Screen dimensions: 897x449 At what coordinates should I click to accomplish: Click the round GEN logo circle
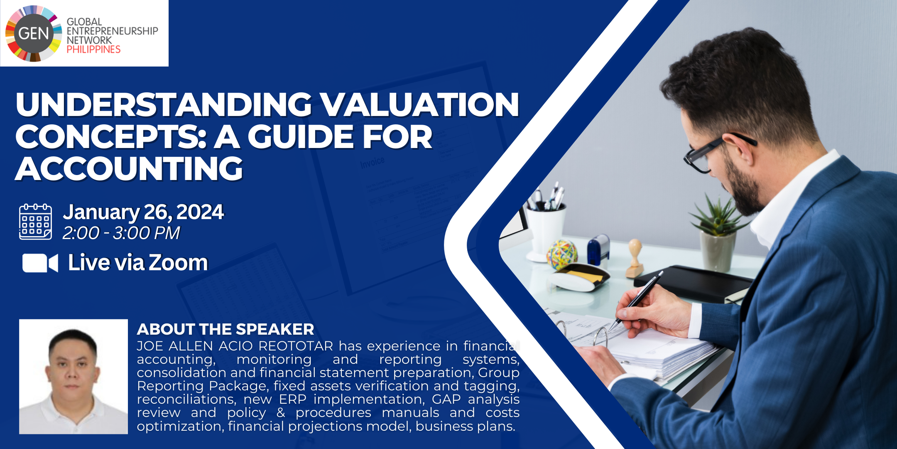(x=34, y=33)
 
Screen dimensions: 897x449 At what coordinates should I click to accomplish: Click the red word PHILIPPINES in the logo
(x=93, y=49)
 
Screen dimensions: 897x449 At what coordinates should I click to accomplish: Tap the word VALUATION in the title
(x=420, y=104)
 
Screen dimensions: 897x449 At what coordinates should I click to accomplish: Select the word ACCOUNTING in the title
(x=129, y=169)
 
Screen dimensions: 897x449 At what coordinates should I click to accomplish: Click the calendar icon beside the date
(x=36, y=222)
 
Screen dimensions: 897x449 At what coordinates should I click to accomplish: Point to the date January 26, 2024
(x=143, y=212)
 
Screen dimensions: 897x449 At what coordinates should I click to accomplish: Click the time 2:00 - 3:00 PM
(x=121, y=233)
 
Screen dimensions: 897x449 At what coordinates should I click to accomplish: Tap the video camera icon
(x=40, y=263)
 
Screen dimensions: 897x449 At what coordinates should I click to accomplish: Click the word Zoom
(x=178, y=263)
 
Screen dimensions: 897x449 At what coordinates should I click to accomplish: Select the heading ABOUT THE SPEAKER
(x=225, y=329)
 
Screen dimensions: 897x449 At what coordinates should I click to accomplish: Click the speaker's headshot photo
(x=74, y=377)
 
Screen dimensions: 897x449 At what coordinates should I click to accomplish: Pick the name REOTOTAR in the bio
(x=296, y=346)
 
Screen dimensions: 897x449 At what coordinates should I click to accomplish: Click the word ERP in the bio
(x=292, y=399)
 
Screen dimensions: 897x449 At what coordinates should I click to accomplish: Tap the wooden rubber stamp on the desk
(x=635, y=258)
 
